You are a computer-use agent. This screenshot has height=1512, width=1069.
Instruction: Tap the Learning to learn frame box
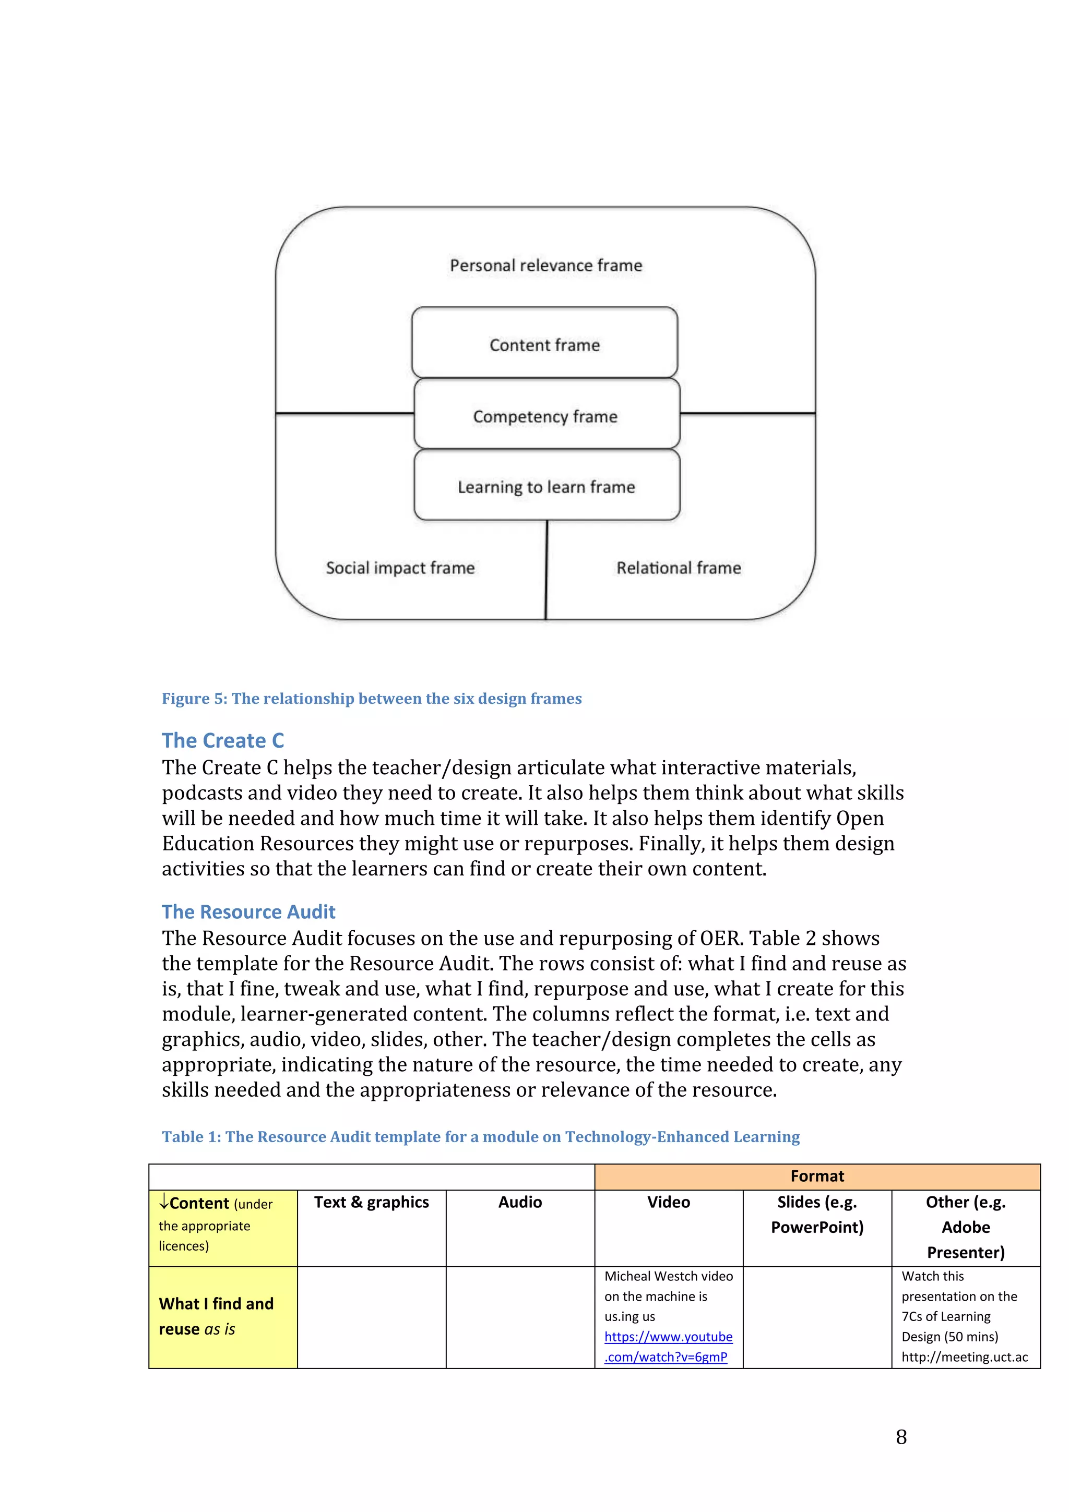pos(546,486)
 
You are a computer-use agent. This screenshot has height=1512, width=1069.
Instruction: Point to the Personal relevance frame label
pos(545,266)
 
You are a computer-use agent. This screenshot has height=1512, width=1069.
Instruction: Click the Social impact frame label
pos(400,568)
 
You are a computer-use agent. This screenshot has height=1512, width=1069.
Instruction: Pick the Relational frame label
pos(679,568)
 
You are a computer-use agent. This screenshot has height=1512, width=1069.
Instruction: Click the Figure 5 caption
pos(372,699)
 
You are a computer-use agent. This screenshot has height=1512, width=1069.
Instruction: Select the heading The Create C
pos(223,740)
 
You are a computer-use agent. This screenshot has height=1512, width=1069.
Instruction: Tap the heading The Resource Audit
pos(248,911)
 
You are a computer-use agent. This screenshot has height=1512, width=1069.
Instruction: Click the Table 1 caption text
pos(480,1137)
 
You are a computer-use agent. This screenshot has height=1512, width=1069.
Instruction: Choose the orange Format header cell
pos(817,1176)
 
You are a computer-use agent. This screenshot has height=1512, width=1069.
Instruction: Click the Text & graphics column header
pos(371,1203)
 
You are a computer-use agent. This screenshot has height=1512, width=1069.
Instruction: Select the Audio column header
pos(520,1203)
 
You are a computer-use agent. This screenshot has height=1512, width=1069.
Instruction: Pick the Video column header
pos(668,1203)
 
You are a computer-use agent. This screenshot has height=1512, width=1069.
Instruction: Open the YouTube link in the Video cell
pos(668,1347)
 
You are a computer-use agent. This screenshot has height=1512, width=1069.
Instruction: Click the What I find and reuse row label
pos(216,1316)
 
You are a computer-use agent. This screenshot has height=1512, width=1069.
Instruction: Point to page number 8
pos(901,1437)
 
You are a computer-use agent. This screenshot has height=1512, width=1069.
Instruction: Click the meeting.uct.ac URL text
pos(964,1357)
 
